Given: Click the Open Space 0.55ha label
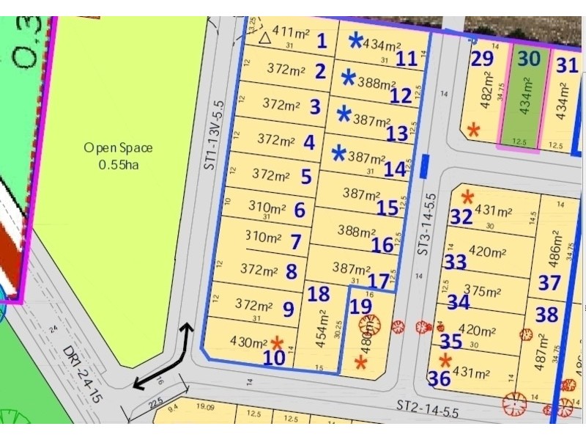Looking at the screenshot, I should coord(118,156).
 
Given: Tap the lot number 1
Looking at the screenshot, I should coord(321,40).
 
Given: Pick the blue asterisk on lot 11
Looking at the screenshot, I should coord(355,41).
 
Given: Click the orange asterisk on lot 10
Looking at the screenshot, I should coord(277,342).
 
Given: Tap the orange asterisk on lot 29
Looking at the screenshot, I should coord(473,130).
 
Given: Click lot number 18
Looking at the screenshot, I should coord(319,294).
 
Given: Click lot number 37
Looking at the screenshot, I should coord(549,282).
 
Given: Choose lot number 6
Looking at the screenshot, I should coord(300,210).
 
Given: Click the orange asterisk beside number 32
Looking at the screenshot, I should coord(467,197).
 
